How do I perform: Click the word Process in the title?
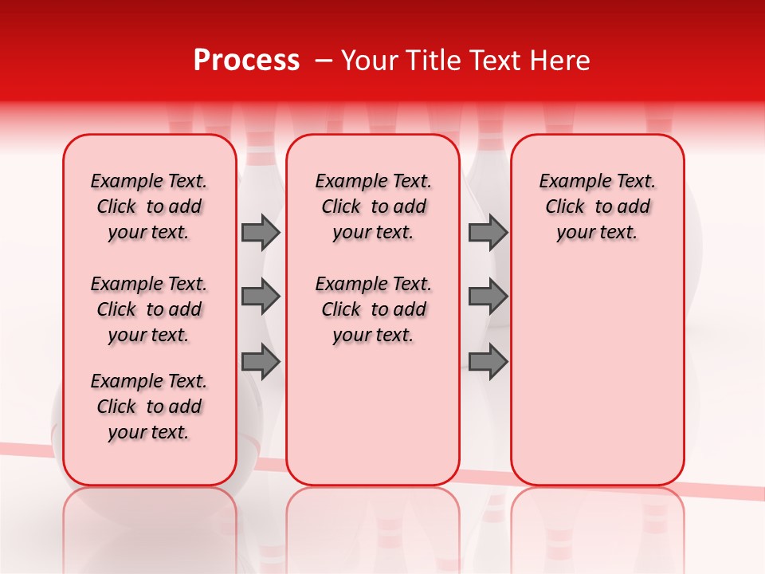click(x=246, y=61)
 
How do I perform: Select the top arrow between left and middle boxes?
click(x=261, y=233)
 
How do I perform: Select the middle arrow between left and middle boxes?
click(x=261, y=297)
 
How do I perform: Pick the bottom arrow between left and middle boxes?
click(x=261, y=362)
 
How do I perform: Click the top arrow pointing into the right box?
click(x=488, y=233)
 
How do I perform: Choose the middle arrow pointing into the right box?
click(x=488, y=297)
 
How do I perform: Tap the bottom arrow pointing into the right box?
click(x=488, y=362)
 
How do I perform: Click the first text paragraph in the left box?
click(x=149, y=206)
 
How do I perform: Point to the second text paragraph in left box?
click(x=149, y=309)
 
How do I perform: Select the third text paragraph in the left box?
click(x=149, y=407)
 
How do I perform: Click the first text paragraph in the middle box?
click(x=373, y=206)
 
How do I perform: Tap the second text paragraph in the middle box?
click(x=373, y=309)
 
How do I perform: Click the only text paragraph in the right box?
click(x=597, y=206)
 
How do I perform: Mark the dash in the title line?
click(x=324, y=61)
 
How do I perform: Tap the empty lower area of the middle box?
click(x=373, y=415)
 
